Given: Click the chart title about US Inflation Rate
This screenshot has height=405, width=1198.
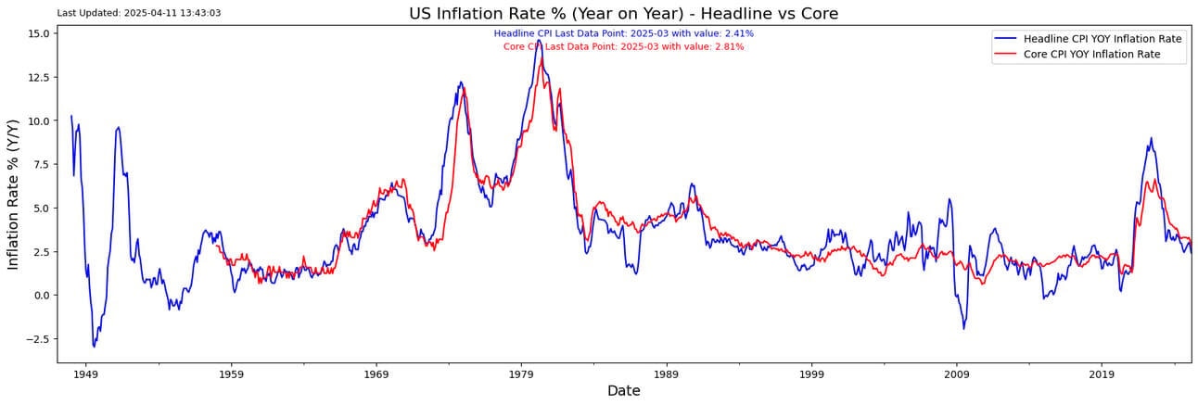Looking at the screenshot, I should [x=623, y=13].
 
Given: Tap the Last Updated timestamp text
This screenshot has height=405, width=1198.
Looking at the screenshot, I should [x=139, y=13].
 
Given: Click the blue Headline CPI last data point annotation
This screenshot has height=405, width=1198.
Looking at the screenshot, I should [x=623, y=33].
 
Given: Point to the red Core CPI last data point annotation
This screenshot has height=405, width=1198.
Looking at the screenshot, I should [x=623, y=46].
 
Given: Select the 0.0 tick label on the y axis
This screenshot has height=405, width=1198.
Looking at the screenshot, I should [x=41, y=295].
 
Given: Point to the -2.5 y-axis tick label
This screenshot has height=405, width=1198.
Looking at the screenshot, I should [x=37, y=339].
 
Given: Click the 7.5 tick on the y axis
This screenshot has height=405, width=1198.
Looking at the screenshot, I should [x=41, y=164].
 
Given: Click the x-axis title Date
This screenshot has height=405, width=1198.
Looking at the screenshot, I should [x=623, y=391].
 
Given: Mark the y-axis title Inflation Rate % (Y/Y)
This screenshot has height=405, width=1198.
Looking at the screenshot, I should [x=14, y=195].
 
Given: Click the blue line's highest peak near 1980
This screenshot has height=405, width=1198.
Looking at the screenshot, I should [x=538, y=41].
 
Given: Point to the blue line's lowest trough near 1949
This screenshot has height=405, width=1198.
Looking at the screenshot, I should [x=94, y=346].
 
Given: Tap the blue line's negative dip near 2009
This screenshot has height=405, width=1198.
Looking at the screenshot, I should [x=964, y=328].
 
